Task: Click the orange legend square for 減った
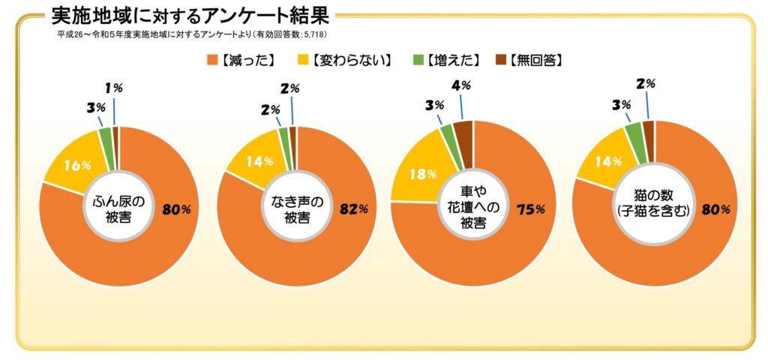[211, 59]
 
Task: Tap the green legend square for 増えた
[418, 59]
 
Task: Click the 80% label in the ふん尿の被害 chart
[176, 210]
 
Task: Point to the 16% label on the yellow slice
[77, 166]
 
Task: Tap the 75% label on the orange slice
[529, 209]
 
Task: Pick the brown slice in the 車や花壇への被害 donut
[464, 133]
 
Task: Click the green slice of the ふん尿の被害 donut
[105, 138]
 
